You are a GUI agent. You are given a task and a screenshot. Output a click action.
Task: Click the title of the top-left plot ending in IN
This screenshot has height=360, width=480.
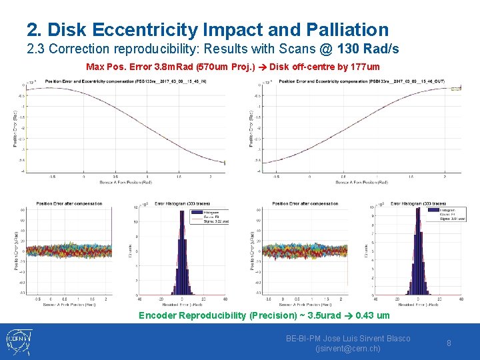(116, 81)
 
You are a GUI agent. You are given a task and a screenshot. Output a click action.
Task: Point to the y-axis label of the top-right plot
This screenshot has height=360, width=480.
(251, 127)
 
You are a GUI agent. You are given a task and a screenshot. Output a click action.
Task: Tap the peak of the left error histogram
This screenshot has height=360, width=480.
(183, 211)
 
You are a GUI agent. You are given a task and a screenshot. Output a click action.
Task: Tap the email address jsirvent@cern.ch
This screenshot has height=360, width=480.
(347, 348)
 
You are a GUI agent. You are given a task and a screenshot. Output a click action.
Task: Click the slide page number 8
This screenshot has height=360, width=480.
(449, 343)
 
